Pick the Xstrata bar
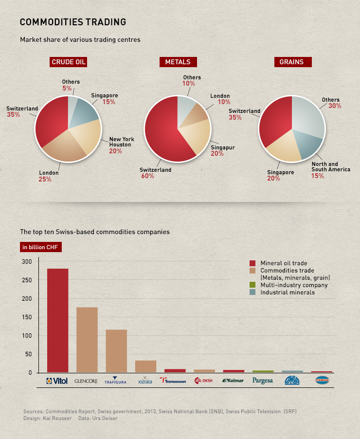[x=145, y=366]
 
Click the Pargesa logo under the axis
[x=263, y=381]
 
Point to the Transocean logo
[x=173, y=381]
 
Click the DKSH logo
[x=204, y=381]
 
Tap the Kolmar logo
[x=233, y=381]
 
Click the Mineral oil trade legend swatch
[x=252, y=263]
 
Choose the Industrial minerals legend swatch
[x=252, y=293]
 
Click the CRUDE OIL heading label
[x=69, y=62]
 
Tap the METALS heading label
[x=178, y=62]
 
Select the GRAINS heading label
[x=291, y=62]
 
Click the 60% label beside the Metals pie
[x=148, y=176]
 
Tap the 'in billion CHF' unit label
[x=41, y=247]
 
